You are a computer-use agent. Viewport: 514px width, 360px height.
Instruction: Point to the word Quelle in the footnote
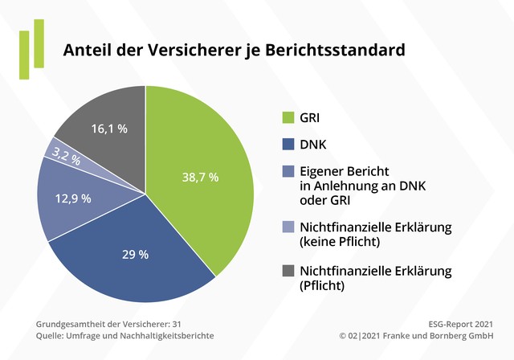(x=51, y=335)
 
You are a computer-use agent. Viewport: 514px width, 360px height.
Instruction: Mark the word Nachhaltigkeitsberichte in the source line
(x=173, y=335)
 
